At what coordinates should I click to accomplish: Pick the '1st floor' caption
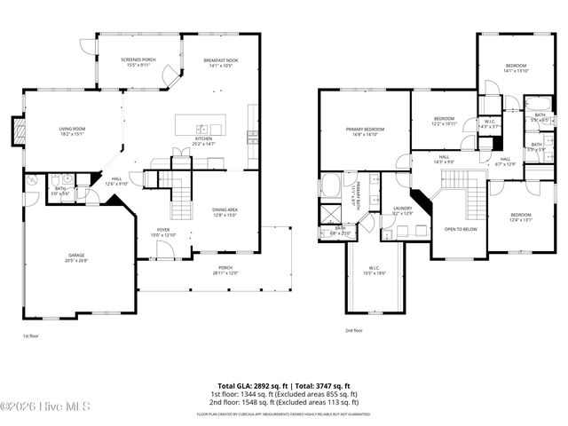pos(31,336)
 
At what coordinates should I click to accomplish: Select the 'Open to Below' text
pos(461,228)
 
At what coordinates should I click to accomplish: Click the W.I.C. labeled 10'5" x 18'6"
pos(374,271)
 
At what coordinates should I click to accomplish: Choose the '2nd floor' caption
pos(354,330)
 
